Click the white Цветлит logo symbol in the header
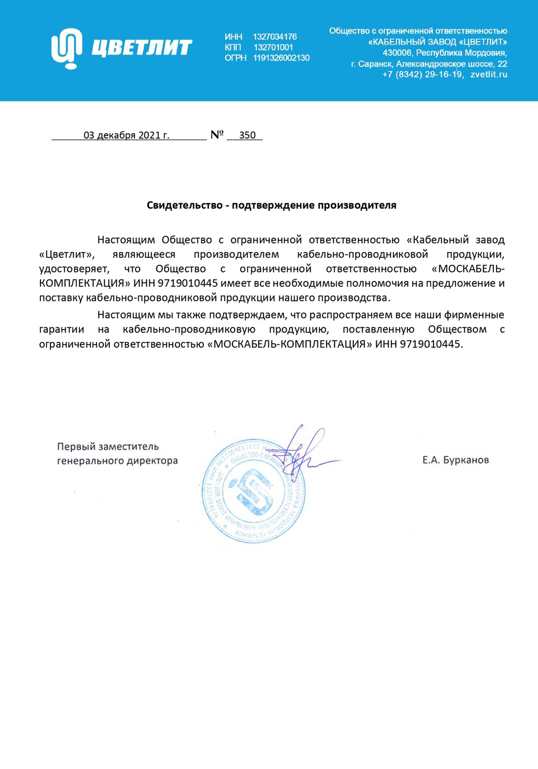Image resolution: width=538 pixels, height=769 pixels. (x=66, y=48)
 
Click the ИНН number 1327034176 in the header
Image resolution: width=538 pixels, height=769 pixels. (x=275, y=37)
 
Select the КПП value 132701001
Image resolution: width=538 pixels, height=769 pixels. (x=273, y=47)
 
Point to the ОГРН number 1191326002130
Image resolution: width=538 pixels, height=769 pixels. (x=281, y=58)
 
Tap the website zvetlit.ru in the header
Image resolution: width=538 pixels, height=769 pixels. (x=489, y=74)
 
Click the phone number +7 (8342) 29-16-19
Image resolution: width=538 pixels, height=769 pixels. (x=422, y=74)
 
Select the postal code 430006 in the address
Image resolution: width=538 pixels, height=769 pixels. (x=397, y=53)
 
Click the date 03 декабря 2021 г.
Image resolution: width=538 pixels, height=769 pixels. (x=126, y=135)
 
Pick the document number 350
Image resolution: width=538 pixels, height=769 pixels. (x=247, y=135)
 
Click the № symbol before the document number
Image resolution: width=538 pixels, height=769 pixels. (x=217, y=135)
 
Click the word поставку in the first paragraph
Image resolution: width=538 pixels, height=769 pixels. (x=61, y=298)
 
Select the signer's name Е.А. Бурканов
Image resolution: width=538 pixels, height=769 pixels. (x=456, y=460)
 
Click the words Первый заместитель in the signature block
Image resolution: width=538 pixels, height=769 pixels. (x=108, y=446)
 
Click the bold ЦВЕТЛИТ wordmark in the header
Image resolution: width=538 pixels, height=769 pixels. (x=141, y=47)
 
